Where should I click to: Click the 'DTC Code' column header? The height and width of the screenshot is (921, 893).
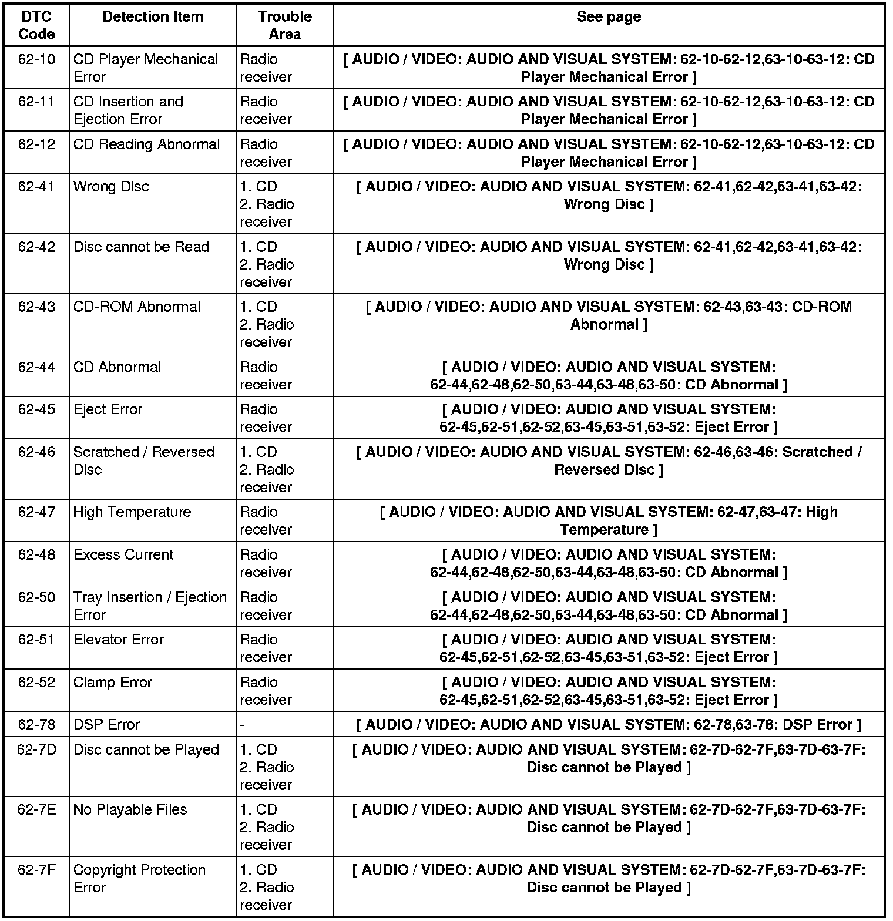[36, 25]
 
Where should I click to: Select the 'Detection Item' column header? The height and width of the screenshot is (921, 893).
[153, 16]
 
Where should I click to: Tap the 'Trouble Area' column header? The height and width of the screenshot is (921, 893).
[284, 25]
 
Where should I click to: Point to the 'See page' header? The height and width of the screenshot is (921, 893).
[609, 16]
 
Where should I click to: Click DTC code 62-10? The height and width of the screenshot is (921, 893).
[36, 59]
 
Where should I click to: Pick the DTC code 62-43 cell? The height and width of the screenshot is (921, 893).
[36, 307]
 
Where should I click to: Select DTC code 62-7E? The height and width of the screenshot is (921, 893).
[36, 809]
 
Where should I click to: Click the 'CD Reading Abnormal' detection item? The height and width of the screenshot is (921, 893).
[146, 144]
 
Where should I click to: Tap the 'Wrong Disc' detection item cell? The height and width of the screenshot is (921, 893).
[111, 187]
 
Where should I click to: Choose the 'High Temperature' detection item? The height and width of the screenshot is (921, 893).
[132, 512]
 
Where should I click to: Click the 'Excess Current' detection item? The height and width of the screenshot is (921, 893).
[123, 554]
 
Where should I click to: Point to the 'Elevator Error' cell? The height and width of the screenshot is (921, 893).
[119, 640]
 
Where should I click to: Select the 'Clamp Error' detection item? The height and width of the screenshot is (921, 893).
[113, 683]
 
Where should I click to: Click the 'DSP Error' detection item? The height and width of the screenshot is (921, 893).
[106, 725]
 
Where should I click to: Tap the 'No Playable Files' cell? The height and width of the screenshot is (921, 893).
[130, 809]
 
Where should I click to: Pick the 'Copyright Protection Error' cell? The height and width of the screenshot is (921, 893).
[139, 878]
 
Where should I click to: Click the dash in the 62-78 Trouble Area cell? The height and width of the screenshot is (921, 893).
[242, 725]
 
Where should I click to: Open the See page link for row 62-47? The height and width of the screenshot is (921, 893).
[609, 521]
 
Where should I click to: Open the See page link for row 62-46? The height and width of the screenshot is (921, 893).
[609, 460]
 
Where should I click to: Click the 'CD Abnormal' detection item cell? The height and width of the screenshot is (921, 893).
[117, 367]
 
